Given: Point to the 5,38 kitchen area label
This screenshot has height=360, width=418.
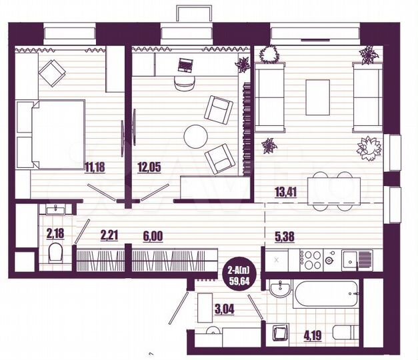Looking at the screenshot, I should click(287, 235).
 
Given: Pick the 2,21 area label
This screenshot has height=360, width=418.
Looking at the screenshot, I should click(110, 235).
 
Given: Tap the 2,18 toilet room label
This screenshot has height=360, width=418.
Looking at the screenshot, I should click(55, 233).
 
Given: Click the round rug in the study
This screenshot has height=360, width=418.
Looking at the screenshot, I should click(197, 137).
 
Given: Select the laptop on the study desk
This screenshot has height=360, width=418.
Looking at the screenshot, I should click(186, 65).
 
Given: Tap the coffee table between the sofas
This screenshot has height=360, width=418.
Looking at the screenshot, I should click(318, 95).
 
